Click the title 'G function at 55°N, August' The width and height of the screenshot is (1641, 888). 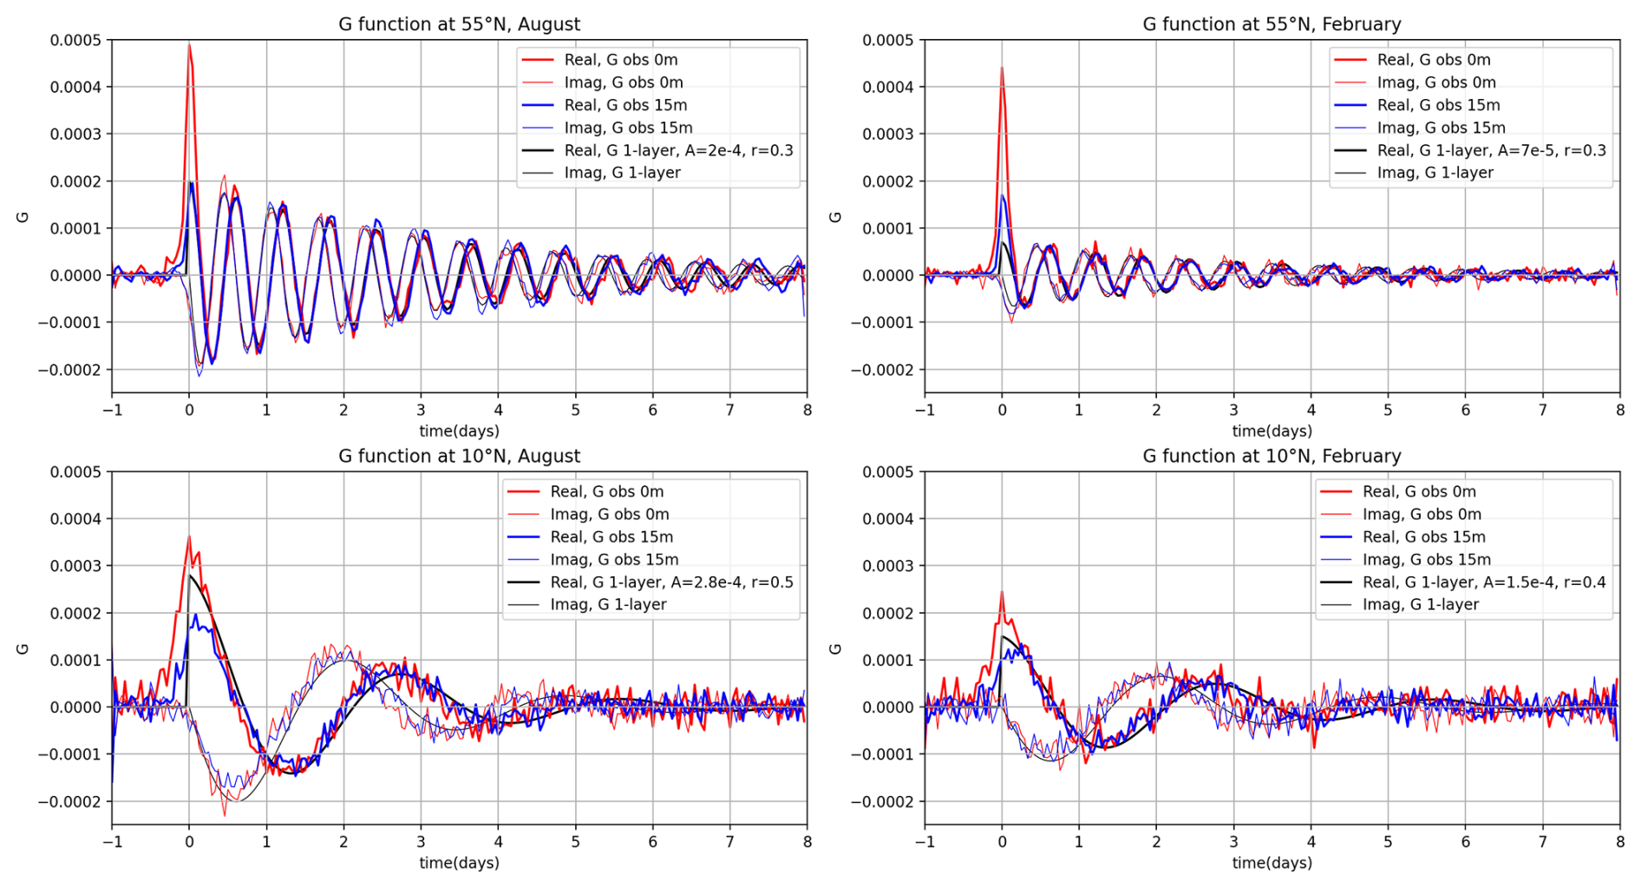(x=459, y=24)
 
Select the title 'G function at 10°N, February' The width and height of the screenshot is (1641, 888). (x=1272, y=456)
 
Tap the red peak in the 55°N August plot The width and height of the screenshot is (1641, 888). (x=189, y=44)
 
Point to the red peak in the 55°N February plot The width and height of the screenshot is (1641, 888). (x=1002, y=69)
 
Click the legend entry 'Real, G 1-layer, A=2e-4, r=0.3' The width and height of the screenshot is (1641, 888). (x=678, y=150)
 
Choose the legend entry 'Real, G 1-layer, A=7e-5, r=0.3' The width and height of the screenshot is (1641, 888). (x=1491, y=150)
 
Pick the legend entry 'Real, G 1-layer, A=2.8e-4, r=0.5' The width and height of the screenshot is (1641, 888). (x=671, y=582)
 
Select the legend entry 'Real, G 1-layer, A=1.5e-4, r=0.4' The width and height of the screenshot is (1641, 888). (x=1484, y=582)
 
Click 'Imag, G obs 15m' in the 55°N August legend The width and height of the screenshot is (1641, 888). (x=628, y=128)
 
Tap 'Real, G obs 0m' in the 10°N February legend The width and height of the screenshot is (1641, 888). (x=1419, y=491)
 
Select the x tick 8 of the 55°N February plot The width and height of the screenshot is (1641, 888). (x=1619, y=410)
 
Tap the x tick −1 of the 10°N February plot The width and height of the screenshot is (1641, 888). (x=925, y=841)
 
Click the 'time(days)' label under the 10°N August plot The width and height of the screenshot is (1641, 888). (x=459, y=863)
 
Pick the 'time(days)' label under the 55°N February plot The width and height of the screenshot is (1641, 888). (x=1272, y=431)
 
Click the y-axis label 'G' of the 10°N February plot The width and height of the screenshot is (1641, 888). (x=835, y=648)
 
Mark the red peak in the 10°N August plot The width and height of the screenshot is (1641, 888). (x=189, y=537)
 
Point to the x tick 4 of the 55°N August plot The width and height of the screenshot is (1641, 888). (x=498, y=410)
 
